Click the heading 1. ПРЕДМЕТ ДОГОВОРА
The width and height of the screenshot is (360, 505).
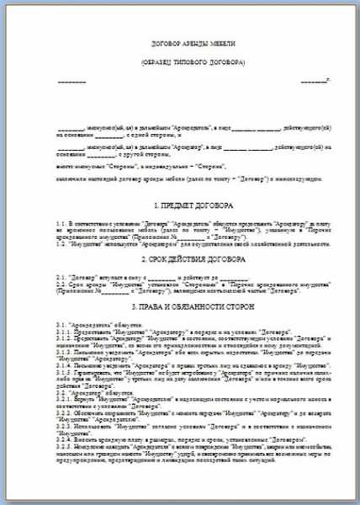click(x=180, y=205)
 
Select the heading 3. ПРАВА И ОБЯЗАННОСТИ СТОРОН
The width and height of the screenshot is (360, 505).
click(x=180, y=306)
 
